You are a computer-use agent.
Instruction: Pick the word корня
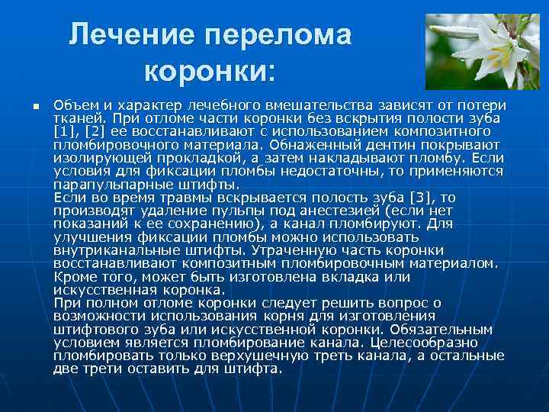point(283,316)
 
